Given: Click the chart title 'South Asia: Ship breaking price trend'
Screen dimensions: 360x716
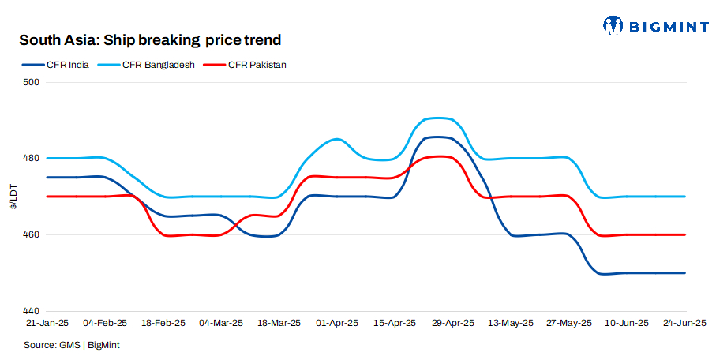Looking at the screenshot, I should click(x=150, y=39).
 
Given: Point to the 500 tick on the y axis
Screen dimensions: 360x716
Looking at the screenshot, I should click(x=31, y=82).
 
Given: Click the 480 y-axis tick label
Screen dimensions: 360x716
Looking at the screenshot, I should click(x=31, y=159).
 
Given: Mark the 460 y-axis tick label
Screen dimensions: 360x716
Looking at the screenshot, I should click(x=31, y=235).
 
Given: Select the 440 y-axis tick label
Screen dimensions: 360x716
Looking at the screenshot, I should click(x=31, y=311).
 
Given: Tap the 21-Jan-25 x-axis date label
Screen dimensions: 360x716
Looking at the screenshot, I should click(x=47, y=323).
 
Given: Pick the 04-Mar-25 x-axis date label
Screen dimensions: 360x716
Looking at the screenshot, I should click(x=220, y=323).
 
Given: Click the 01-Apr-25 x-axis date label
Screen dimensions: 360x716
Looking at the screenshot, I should click(x=336, y=323).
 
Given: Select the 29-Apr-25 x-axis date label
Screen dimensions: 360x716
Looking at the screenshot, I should click(x=452, y=323).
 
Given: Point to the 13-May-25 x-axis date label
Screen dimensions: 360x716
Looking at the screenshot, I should click(x=511, y=323).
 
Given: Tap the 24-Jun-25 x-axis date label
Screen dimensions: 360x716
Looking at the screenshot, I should click(x=684, y=323).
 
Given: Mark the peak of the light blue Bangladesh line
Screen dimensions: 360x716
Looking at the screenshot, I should click(x=439, y=118).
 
